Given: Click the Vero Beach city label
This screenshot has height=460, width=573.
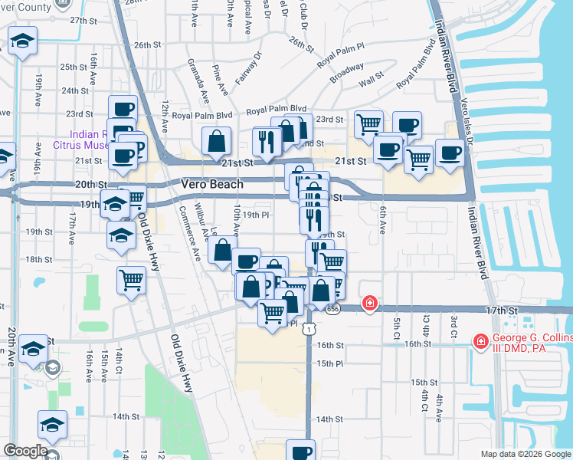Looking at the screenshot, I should pos(212,184).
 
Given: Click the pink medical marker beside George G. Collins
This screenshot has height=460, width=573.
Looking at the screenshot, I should pos(480,340).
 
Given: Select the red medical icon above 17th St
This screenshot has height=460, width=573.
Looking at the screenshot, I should pos(370,304).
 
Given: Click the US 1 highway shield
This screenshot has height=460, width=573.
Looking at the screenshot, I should pos(308,328).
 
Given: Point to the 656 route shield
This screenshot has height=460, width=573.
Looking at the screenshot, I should pos(332,308).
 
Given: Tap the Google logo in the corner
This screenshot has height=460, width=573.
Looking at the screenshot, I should pos(25,451).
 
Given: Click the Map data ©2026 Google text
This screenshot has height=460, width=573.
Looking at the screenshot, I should pos(525,454).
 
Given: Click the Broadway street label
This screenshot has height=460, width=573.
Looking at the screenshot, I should pos(347,74).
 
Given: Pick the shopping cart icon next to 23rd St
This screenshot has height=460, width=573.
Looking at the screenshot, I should pos(369,123).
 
